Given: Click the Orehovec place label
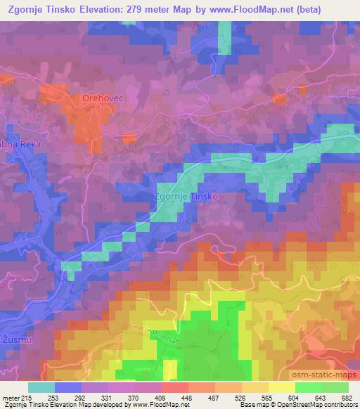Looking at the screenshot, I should click(x=103, y=98).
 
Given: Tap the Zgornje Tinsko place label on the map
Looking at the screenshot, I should click(x=185, y=197).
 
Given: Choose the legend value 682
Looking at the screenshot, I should click(x=348, y=398).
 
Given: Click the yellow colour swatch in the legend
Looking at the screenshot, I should click(x=281, y=387).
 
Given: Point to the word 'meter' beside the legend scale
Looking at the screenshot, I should click(x=8, y=398).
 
